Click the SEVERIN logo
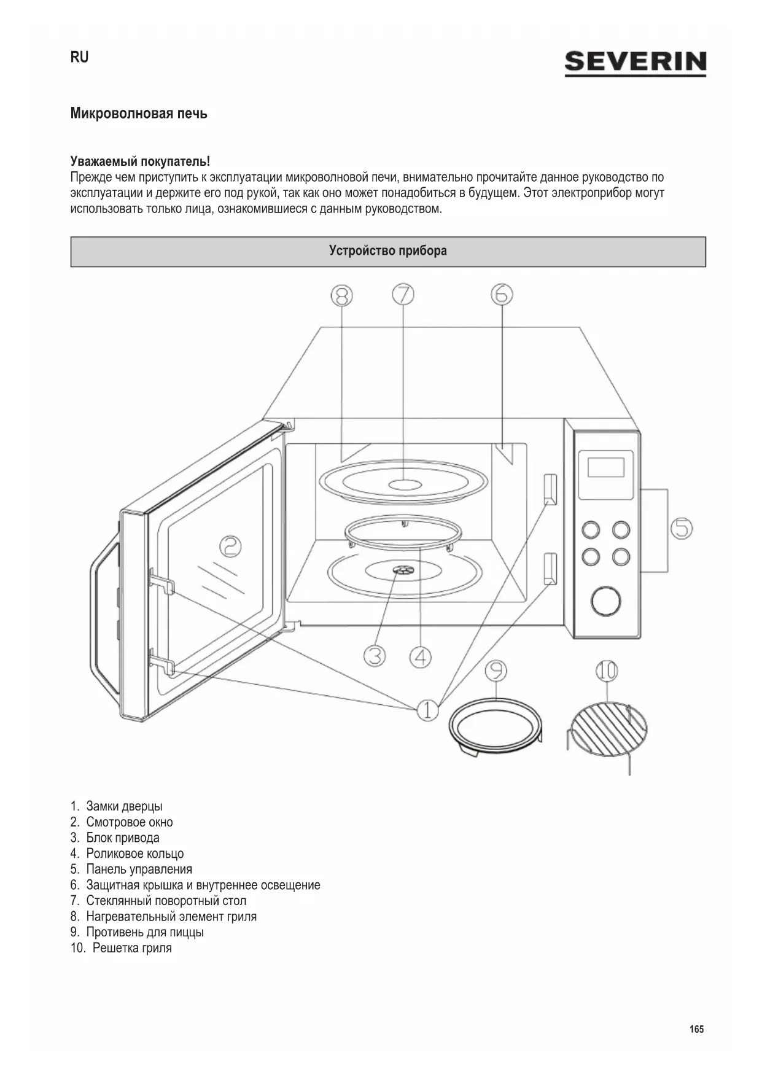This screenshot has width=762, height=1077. [635, 63]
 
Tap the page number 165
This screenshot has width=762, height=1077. [696, 1029]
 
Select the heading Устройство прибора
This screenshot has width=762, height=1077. [387, 251]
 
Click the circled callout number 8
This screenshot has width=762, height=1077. [341, 296]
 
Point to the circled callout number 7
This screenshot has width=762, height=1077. [403, 295]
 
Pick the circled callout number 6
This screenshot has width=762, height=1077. [502, 295]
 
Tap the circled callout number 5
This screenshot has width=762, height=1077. [682, 528]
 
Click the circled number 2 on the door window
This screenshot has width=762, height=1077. [230, 546]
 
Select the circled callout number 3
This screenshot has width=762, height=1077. [375, 656]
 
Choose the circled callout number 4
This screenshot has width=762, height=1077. [421, 658]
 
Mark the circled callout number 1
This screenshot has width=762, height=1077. [428, 710]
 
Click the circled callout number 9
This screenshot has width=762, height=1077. [496, 671]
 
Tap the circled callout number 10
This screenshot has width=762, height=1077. [607, 671]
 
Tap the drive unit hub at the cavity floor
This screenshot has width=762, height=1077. [403, 571]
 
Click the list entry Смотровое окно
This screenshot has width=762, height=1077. [129, 822]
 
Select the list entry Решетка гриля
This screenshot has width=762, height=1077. [131, 948]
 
